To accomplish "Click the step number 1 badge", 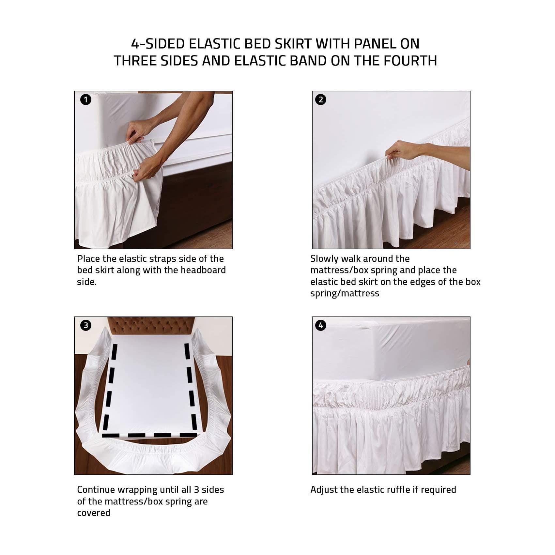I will click(x=86, y=100).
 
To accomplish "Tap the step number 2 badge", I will click(x=321, y=100).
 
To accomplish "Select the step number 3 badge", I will click(x=86, y=325).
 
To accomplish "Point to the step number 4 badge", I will click(x=321, y=325).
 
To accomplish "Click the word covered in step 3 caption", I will click(x=94, y=513).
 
